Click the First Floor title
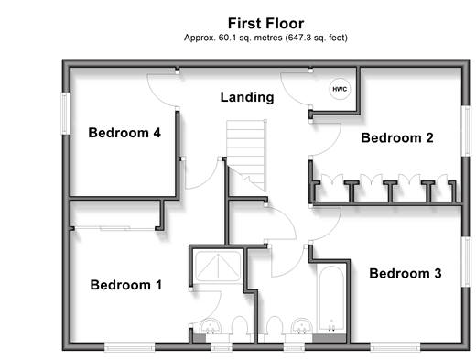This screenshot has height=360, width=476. point(265,24)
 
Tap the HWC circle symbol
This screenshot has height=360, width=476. point(340,89)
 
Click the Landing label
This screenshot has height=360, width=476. point(247,97)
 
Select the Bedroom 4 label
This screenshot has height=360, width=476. point(124,133)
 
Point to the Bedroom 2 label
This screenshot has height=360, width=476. point(397,137)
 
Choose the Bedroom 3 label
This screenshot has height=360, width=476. point(406,273)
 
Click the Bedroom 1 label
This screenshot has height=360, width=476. point(126,285)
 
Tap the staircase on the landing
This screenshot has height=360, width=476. point(246,155)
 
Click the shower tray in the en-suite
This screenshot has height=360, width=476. point(218,266)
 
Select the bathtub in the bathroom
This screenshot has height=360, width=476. point(331,299)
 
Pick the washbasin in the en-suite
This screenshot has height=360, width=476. point(211,327)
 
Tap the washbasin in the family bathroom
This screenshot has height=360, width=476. point(301,327)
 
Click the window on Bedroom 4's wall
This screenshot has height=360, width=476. point(66,114)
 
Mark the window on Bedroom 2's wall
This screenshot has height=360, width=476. point(466,131)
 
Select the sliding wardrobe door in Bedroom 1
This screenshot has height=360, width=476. point(114,228)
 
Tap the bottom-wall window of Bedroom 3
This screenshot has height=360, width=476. point(395,346)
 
